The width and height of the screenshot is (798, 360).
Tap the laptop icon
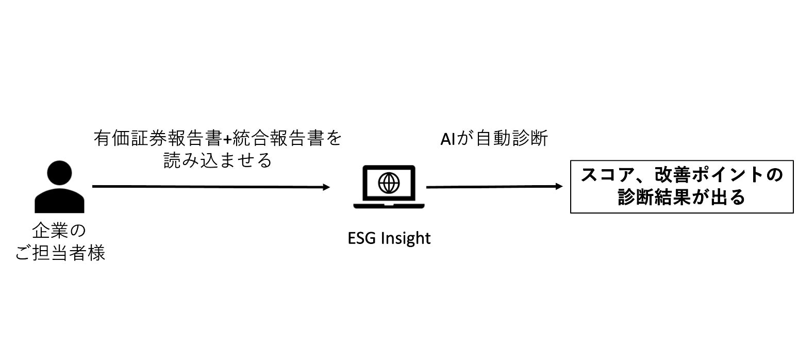coord(389,186)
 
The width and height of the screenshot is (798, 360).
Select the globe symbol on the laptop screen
coord(389,182)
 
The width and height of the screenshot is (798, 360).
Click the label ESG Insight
coord(389,238)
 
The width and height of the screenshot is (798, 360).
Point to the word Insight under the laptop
coord(406,238)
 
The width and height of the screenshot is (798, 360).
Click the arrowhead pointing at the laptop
coord(326,187)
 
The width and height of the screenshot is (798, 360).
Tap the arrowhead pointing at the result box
coord(559,187)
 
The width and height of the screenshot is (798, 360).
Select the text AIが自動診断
coord(494,139)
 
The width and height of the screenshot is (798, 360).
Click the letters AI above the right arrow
coord(447,139)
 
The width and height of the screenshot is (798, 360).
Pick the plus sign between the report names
coord(228,139)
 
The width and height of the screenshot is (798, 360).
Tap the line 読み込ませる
coord(217,161)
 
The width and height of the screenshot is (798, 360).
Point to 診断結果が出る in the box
coord(681,198)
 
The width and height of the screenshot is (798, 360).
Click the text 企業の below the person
coord(59,231)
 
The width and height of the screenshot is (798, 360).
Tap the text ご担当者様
coord(60,253)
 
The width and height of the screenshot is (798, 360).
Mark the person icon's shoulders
coord(59,202)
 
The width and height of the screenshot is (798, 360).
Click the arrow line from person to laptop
coord(206,187)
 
